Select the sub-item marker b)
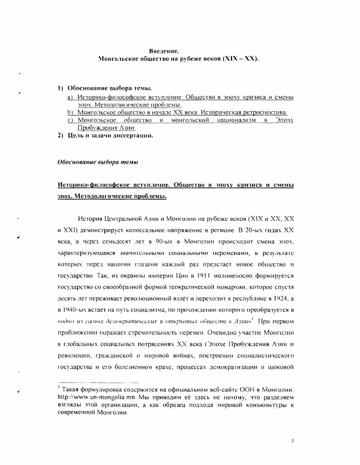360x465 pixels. pyautogui.click(x=70, y=112)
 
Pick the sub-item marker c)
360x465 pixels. pyautogui.click(x=70, y=120)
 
